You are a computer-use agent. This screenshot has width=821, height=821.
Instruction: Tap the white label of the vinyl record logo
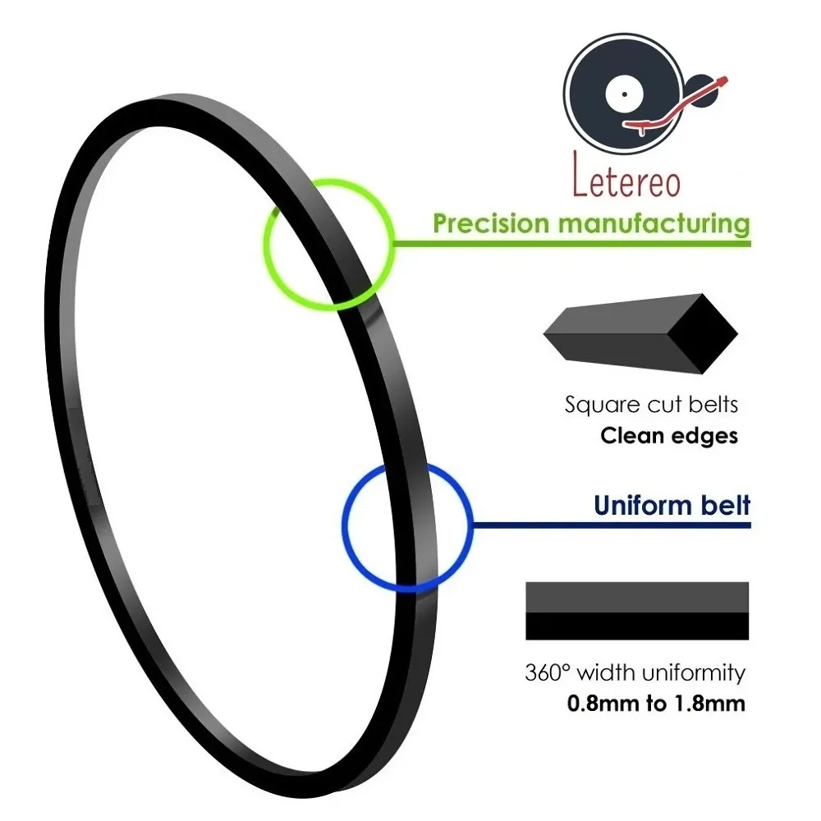[624, 94]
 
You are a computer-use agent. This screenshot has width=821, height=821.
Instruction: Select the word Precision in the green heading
[490, 223]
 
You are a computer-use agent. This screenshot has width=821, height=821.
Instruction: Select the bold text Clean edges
[669, 436]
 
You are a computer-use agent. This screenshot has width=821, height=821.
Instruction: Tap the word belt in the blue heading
[726, 505]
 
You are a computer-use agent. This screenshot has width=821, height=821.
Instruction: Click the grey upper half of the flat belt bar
[637, 597]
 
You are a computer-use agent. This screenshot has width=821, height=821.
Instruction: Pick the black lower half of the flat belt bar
[637, 626]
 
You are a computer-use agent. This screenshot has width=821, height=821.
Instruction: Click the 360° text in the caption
[546, 672]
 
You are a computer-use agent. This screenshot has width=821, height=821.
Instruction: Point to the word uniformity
[693, 673]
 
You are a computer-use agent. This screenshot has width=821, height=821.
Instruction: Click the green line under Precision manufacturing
[571, 244]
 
